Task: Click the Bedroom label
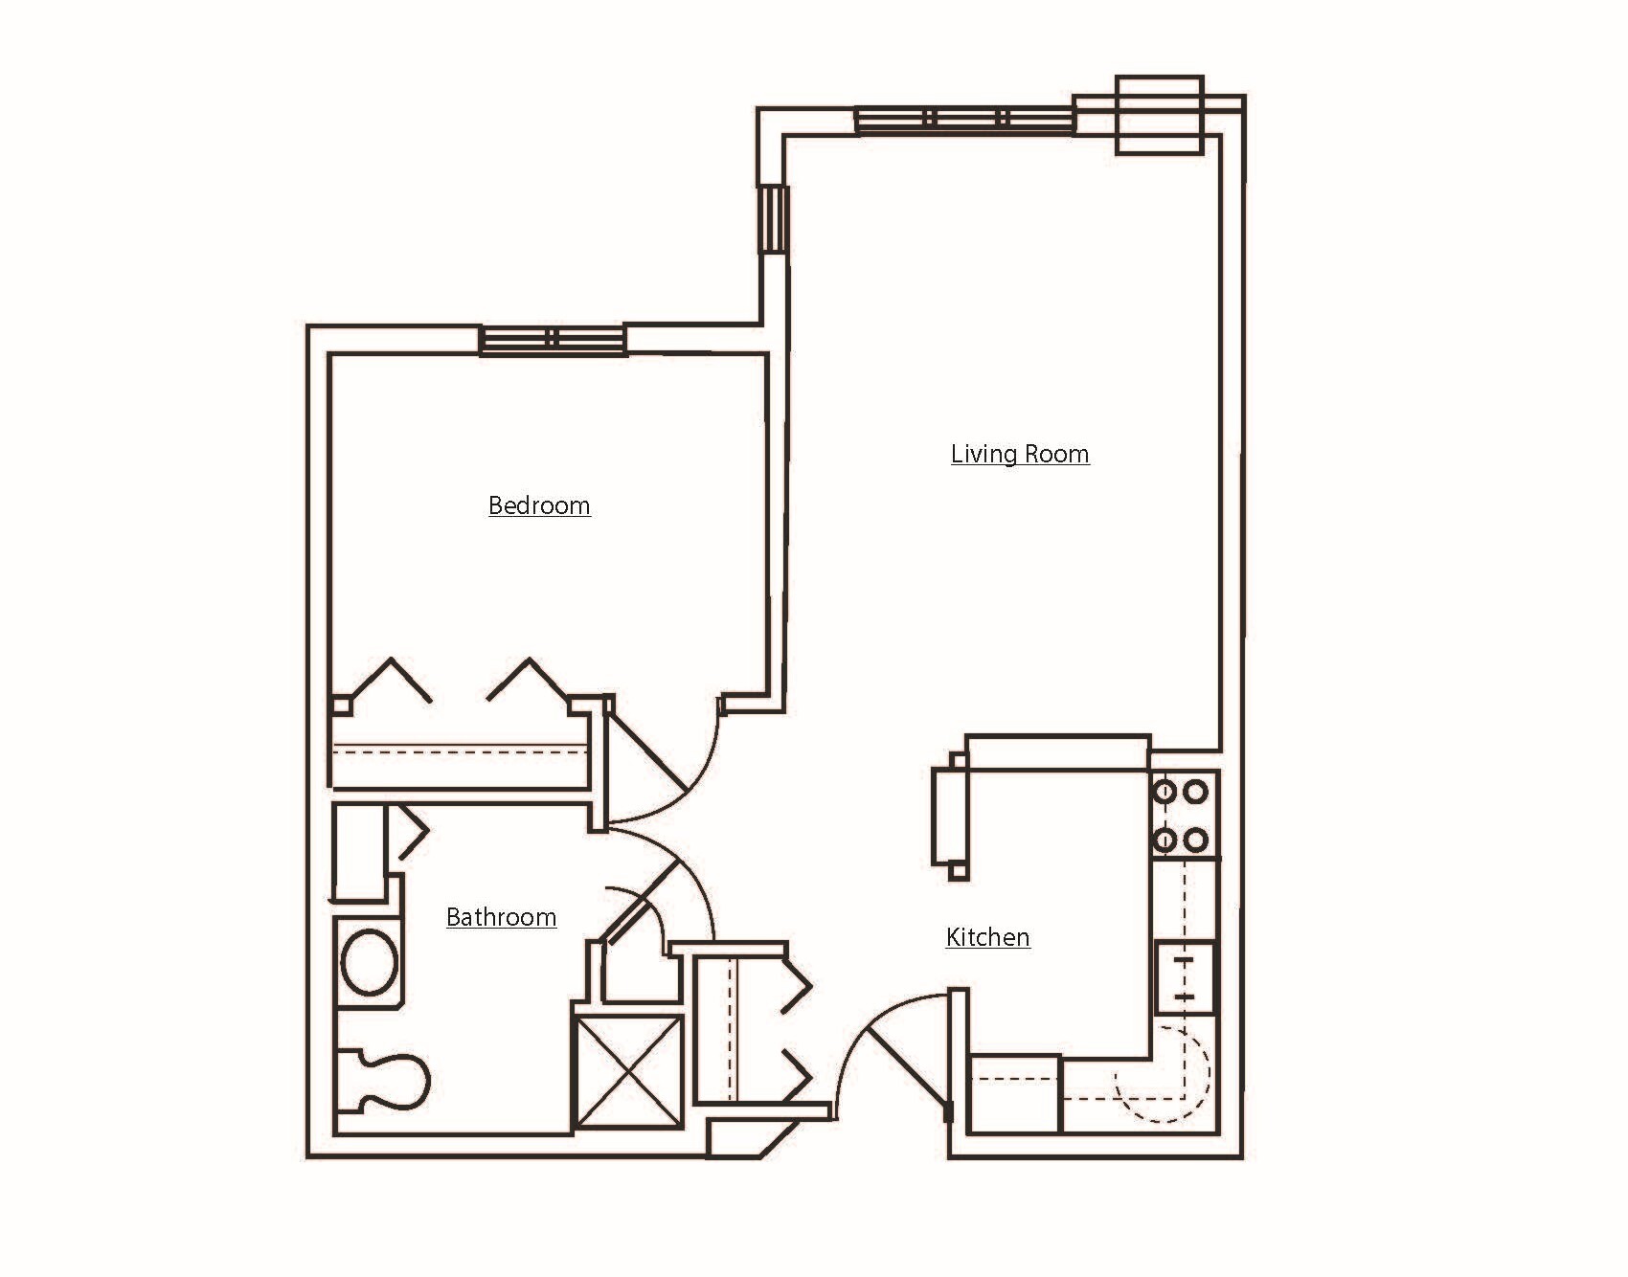click(539, 505)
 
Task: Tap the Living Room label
click(1020, 454)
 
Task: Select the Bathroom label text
click(501, 917)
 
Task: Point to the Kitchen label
click(987, 937)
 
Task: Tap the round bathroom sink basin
click(370, 962)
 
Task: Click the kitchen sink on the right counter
click(1185, 977)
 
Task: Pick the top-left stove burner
click(1165, 793)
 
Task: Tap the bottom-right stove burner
click(1195, 840)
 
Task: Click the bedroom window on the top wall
click(553, 340)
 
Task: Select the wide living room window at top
click(964, 120)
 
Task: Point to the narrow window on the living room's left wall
click(774, 219)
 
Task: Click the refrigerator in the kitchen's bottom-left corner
click(1014, 1093)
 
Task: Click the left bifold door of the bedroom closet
click(389, 680)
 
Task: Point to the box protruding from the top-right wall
click(1159, 115)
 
